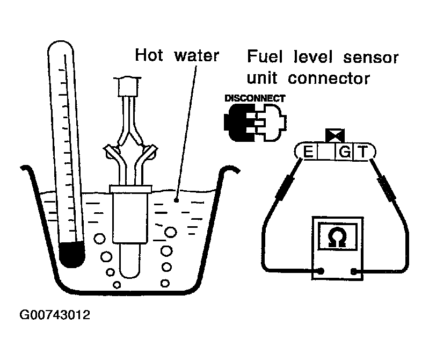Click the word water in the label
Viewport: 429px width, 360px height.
click(198, 55)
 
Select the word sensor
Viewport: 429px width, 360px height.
click(365, 57)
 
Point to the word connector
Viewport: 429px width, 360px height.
click(330, 78)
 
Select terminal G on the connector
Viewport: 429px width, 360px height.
click(344, 153)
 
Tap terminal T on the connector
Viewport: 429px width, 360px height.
click(363, 153)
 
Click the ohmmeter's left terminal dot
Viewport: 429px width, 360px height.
click(321, 271)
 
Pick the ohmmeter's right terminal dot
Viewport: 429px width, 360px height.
click(354, 271)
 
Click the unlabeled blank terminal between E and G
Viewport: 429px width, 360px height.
click(326, 153)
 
